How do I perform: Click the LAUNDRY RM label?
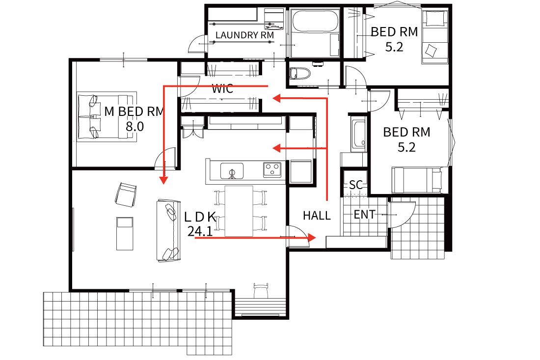(244, 35)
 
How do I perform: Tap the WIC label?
(222, 89)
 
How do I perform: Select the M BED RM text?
(134, 111)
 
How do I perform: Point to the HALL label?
(317, 216)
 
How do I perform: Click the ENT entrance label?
(364, 215)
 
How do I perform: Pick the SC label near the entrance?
(356, 185)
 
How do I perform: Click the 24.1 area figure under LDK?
(200, 231)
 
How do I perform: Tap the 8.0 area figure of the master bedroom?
(135, 126)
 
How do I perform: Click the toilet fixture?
(299, 73)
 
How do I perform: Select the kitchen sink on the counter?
(232, 171)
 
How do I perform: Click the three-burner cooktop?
(272, 169)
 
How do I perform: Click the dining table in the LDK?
(239, 211)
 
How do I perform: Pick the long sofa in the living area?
(168, 230)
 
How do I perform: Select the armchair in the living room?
(125, 195)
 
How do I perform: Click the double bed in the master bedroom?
(107, 116)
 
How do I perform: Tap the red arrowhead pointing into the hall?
(311, 237)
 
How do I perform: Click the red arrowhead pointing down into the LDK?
(163, 180)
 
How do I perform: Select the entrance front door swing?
(402, 215)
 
